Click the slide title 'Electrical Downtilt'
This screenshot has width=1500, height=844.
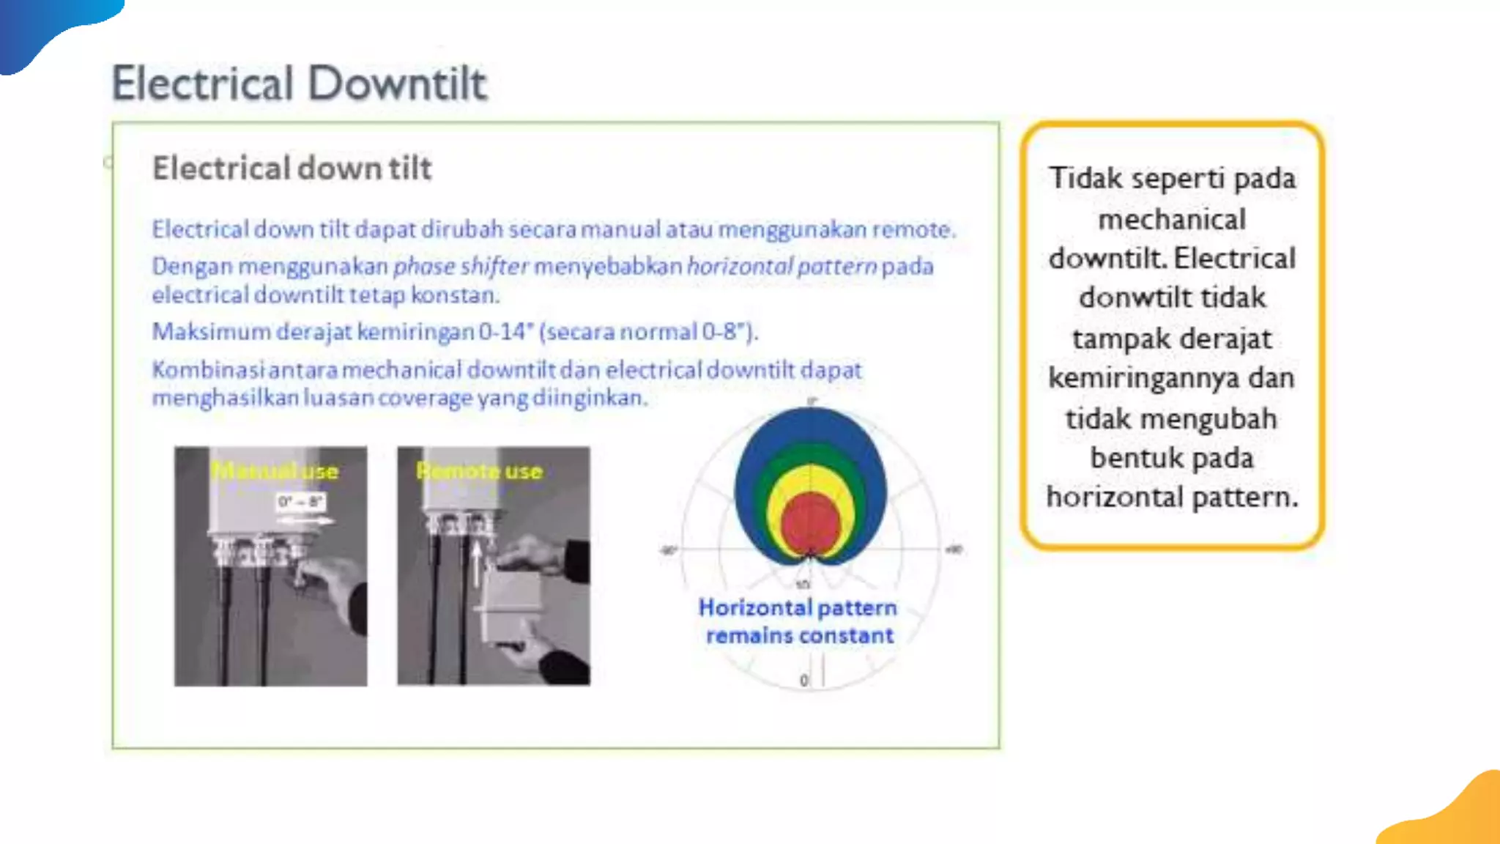(x=299, y=83)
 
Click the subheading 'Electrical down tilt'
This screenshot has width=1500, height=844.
(x=292, y=168)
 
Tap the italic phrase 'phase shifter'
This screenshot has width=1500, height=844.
(x=460, y=266)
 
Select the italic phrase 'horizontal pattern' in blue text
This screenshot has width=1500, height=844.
(x=781, y=266)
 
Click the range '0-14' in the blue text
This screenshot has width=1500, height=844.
(x=502, y=332)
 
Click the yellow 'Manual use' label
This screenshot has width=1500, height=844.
(x=275, y=470)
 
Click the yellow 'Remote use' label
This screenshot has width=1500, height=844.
(x=480, y=470)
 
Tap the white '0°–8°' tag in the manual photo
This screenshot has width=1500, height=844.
(x=300, y=502)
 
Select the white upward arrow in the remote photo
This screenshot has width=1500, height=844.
(x=477, y=563)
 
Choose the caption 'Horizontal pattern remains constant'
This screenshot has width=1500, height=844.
(x=798, y=621)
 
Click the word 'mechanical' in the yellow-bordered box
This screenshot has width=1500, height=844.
(x=1172, y=219)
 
